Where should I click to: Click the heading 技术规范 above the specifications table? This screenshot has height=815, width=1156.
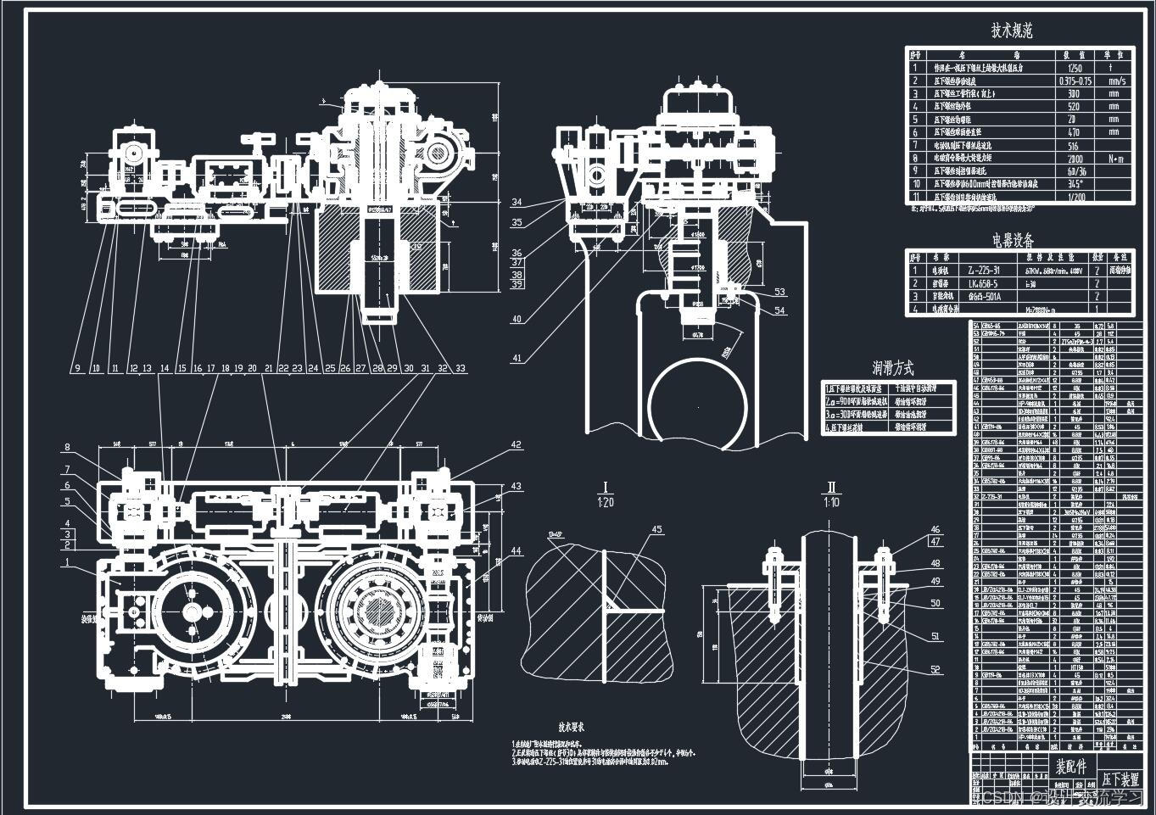1011,31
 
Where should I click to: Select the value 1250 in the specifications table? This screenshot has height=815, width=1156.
1075,68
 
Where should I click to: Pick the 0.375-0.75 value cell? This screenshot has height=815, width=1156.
1075,81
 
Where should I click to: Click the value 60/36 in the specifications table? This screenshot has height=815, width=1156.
1075,170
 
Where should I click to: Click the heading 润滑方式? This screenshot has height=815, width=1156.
893,369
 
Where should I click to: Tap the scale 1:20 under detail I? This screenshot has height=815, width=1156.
606,502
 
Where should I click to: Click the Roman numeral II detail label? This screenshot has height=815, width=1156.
832,488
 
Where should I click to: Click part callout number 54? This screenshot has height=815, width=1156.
779,310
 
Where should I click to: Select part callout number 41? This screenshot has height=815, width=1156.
517,359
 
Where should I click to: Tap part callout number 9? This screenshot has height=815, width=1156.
76,368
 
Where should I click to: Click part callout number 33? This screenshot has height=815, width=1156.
461,368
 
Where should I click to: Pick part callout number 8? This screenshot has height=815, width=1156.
67,448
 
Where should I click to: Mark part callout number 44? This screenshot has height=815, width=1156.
516,551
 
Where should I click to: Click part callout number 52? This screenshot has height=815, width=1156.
935,670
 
